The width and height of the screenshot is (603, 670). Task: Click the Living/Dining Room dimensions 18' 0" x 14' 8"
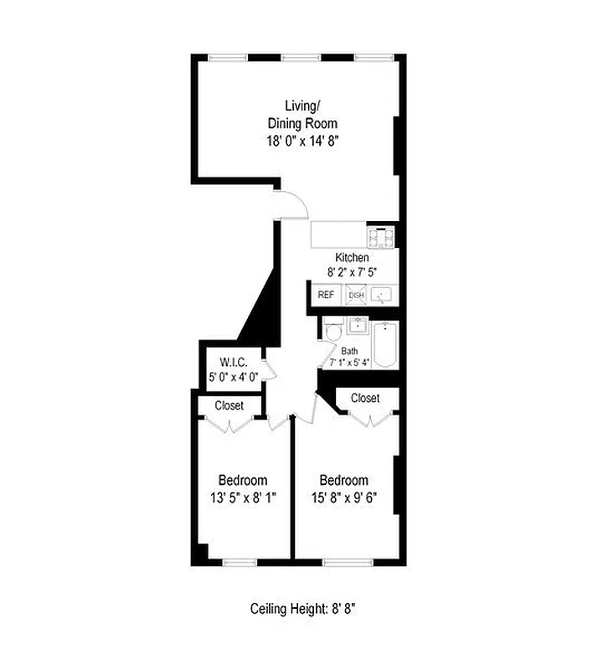(301, 142)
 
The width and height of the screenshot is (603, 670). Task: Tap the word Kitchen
(352, 257)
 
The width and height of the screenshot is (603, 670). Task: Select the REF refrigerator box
(325, 295)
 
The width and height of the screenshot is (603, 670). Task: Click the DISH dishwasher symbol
(356, 295)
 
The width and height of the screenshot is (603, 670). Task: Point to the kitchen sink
(383, 295)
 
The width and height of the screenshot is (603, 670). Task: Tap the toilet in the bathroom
(332, 332)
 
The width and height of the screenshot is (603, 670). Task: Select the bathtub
(385, 344)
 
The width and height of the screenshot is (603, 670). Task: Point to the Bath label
(349, 351)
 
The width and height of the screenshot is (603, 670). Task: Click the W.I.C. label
(232, 362)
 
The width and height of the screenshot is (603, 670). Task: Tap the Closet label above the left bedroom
(229, 405)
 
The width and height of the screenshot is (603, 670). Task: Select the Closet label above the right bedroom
(365, 398)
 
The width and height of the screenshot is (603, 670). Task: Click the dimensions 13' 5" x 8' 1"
(243, 497)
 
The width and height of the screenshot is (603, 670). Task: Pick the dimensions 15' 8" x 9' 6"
(343, 497)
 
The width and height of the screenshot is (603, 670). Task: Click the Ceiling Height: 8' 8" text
(303, 609)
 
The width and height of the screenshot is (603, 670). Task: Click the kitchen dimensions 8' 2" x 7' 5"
(352, 271)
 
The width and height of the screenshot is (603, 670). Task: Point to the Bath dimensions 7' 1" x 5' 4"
(349, 363)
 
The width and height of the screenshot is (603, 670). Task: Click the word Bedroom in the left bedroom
(243, 480)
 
